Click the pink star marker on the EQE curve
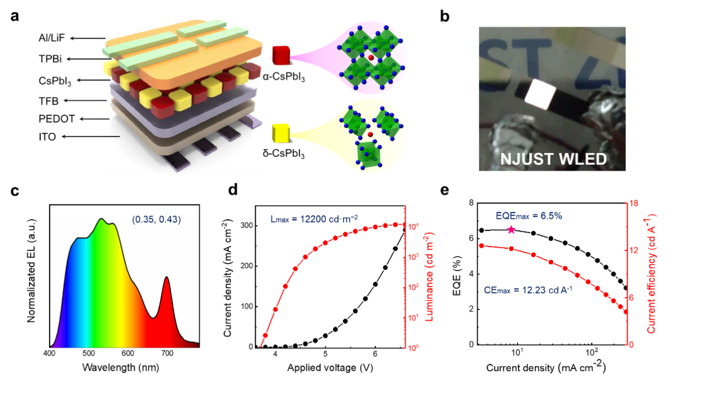pyautogui.click(x=511, y=230)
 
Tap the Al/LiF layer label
pyautogui.click(x=51, y=38)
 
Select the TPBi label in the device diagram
pyautogui.click(x=50, y=59)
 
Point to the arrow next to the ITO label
pyautogui.click(x=91, y=137)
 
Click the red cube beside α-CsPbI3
pyautogui.click(x=281, y=55)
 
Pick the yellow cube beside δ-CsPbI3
pyautogui.click(x=281, y=133)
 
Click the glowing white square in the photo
pyautogui.click(x=540, y=94)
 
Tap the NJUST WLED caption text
pyautogui.click(x=553, y=159)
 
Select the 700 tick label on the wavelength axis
pyautogui.click(x=167, y=353)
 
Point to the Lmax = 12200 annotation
pyautogui.click(x=314, y=219)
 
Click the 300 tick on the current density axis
pyautogui.click(x=247, y=225)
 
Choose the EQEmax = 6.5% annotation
pyautogui.click(x=529, y=216)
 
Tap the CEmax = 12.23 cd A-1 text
pyautogui.click(x=528, y=290)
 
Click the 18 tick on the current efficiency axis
pyautogui.click(x=633, y=203)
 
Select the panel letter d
pyautogui.click(x=233, y=189)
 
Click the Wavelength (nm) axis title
pyautogui.click(x=121, y=367)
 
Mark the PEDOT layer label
pyautogui.click(x=57, y=119)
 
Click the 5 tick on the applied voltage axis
pyautogui.click(x=326, y=354)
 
